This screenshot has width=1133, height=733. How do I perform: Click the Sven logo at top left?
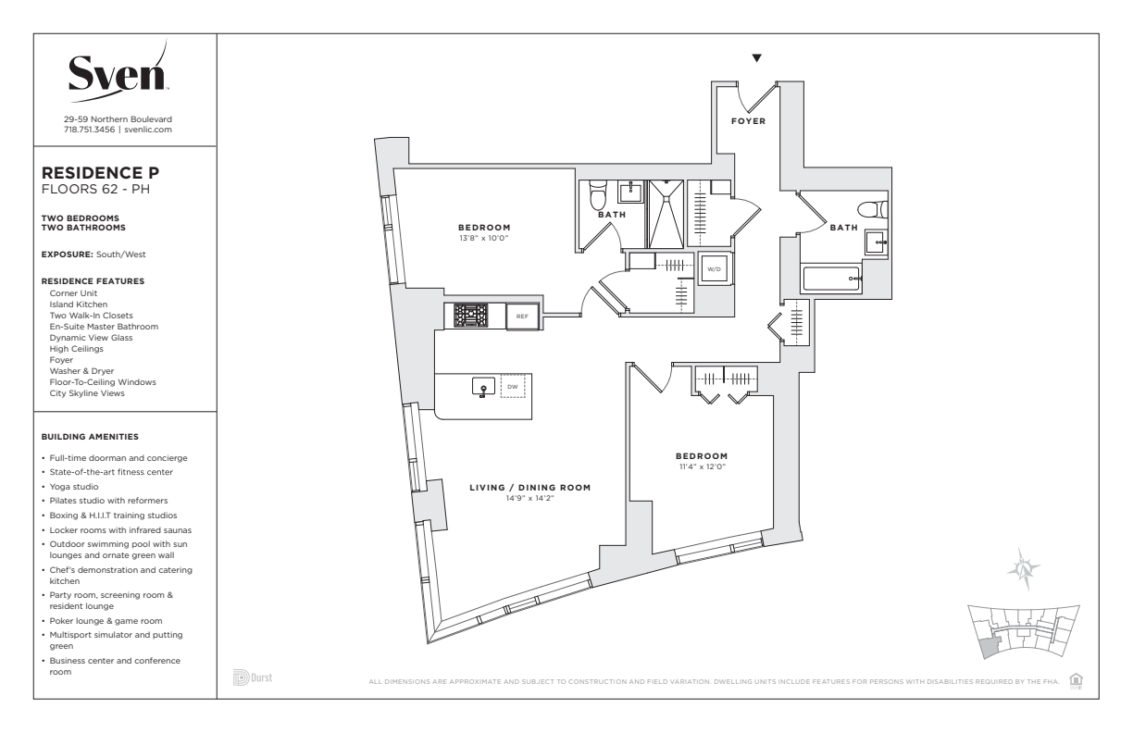118,73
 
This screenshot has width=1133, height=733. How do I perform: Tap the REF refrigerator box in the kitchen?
522,317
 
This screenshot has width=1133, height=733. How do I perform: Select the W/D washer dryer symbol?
715,269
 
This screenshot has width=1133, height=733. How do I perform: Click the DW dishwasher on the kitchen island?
513,387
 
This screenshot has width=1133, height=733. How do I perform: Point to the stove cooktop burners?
470,316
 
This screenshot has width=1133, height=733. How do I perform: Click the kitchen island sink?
483,387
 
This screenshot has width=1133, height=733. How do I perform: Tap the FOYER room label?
749,121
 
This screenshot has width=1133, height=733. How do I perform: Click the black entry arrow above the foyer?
756,58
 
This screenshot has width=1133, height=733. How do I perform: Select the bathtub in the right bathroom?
831,279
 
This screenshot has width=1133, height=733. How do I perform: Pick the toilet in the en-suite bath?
598,194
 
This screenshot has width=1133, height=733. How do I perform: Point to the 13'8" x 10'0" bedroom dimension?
483,238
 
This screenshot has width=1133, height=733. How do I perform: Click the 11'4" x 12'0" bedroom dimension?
702,466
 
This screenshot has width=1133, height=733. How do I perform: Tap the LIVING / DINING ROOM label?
530,488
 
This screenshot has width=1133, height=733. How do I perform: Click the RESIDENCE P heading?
100,173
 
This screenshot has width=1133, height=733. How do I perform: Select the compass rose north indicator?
1024,569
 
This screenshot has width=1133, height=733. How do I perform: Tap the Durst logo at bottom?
253,677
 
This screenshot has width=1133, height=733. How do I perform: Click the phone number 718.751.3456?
89,130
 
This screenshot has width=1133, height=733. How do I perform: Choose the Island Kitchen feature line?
79,304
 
